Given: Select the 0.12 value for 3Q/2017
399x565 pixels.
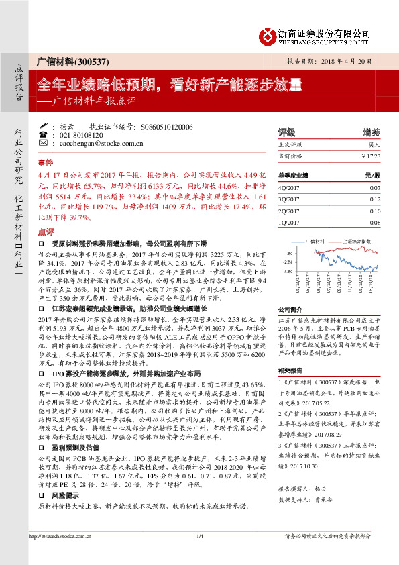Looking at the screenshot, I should point(375,199).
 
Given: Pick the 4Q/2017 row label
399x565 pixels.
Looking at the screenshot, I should point(288,189).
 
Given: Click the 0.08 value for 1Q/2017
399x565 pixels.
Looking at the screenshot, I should point(375,222).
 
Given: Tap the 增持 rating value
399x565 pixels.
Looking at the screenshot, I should point(371,132).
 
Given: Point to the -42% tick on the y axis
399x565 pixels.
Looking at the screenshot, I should point(288,272).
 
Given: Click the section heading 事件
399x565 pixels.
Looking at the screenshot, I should point(45,162).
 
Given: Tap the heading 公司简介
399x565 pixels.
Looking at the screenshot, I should point(290,309).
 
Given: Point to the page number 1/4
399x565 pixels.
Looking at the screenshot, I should point(199,537).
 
